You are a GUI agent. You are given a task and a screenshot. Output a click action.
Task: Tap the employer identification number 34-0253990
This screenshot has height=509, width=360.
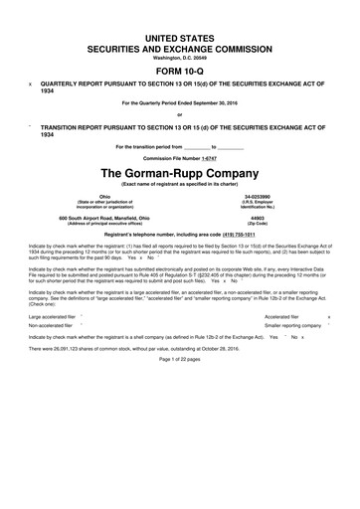point(285,197)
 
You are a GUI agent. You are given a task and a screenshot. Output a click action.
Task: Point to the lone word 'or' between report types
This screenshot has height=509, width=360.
point(180,117)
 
